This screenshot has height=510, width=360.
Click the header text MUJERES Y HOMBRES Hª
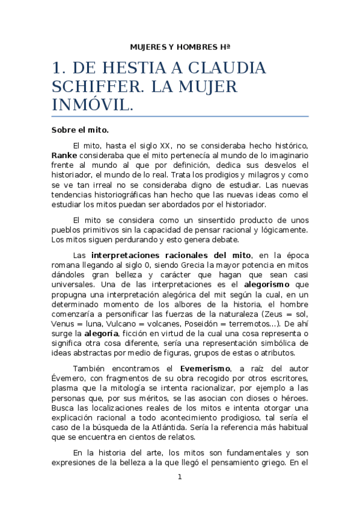[180, 46]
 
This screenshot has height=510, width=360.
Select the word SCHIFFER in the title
[91, 87]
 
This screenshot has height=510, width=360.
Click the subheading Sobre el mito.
[79, 129]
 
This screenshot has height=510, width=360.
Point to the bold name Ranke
[64, 155]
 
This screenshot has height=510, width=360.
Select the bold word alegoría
[102, 333]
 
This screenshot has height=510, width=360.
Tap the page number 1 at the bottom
[179, 477]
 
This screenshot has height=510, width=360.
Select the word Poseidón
[213, 323]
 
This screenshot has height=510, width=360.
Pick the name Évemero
[67, 378]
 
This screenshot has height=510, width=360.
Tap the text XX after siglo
[166, 146]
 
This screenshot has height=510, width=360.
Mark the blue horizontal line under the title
[180, 116]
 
